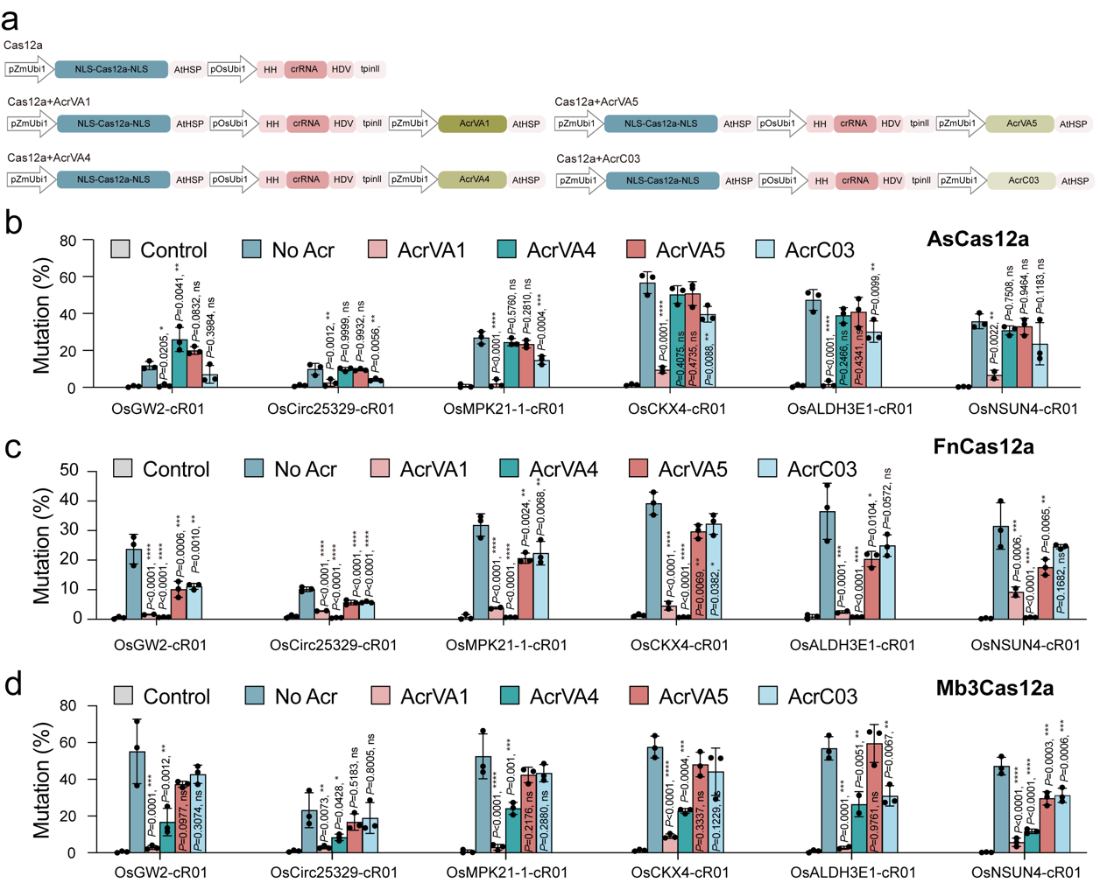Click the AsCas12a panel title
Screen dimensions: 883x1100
977,239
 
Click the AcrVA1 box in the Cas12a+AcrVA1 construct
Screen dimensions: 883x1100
473,124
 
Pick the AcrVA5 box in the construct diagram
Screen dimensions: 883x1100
1020,124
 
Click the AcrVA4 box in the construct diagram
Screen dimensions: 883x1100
473,179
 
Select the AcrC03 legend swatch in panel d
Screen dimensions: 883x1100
767,696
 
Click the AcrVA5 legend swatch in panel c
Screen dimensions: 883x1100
638,469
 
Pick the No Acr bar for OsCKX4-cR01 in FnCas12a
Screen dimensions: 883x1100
653,561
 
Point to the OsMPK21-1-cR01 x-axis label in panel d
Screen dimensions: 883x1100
506,872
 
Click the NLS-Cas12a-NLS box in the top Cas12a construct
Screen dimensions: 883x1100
111,69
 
